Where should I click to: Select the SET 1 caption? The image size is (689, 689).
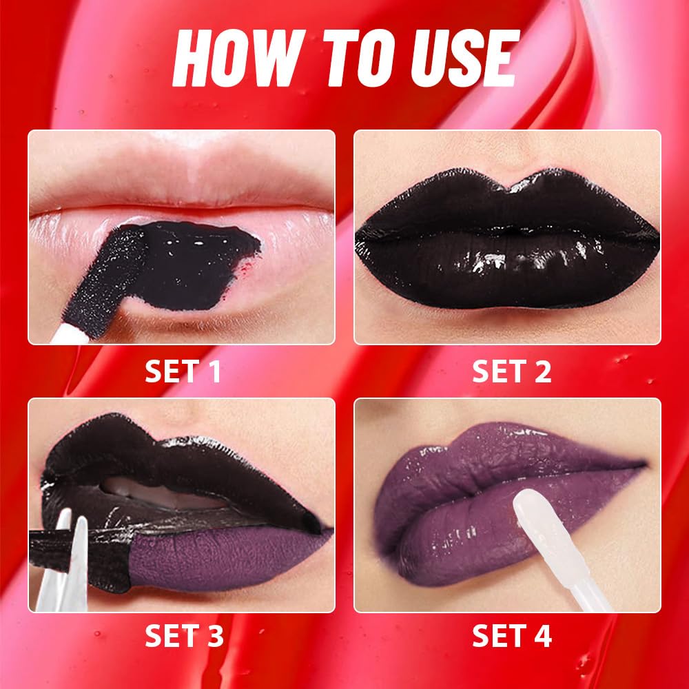pos(183,371)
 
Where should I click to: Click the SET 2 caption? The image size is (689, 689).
pos(511,371)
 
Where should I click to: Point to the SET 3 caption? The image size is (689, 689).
pos(183,635)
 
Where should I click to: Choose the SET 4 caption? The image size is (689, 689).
pos(511,635)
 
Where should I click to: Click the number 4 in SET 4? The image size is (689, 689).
pos(544,635)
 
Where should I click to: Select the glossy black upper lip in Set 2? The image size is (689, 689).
pos(506,200)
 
